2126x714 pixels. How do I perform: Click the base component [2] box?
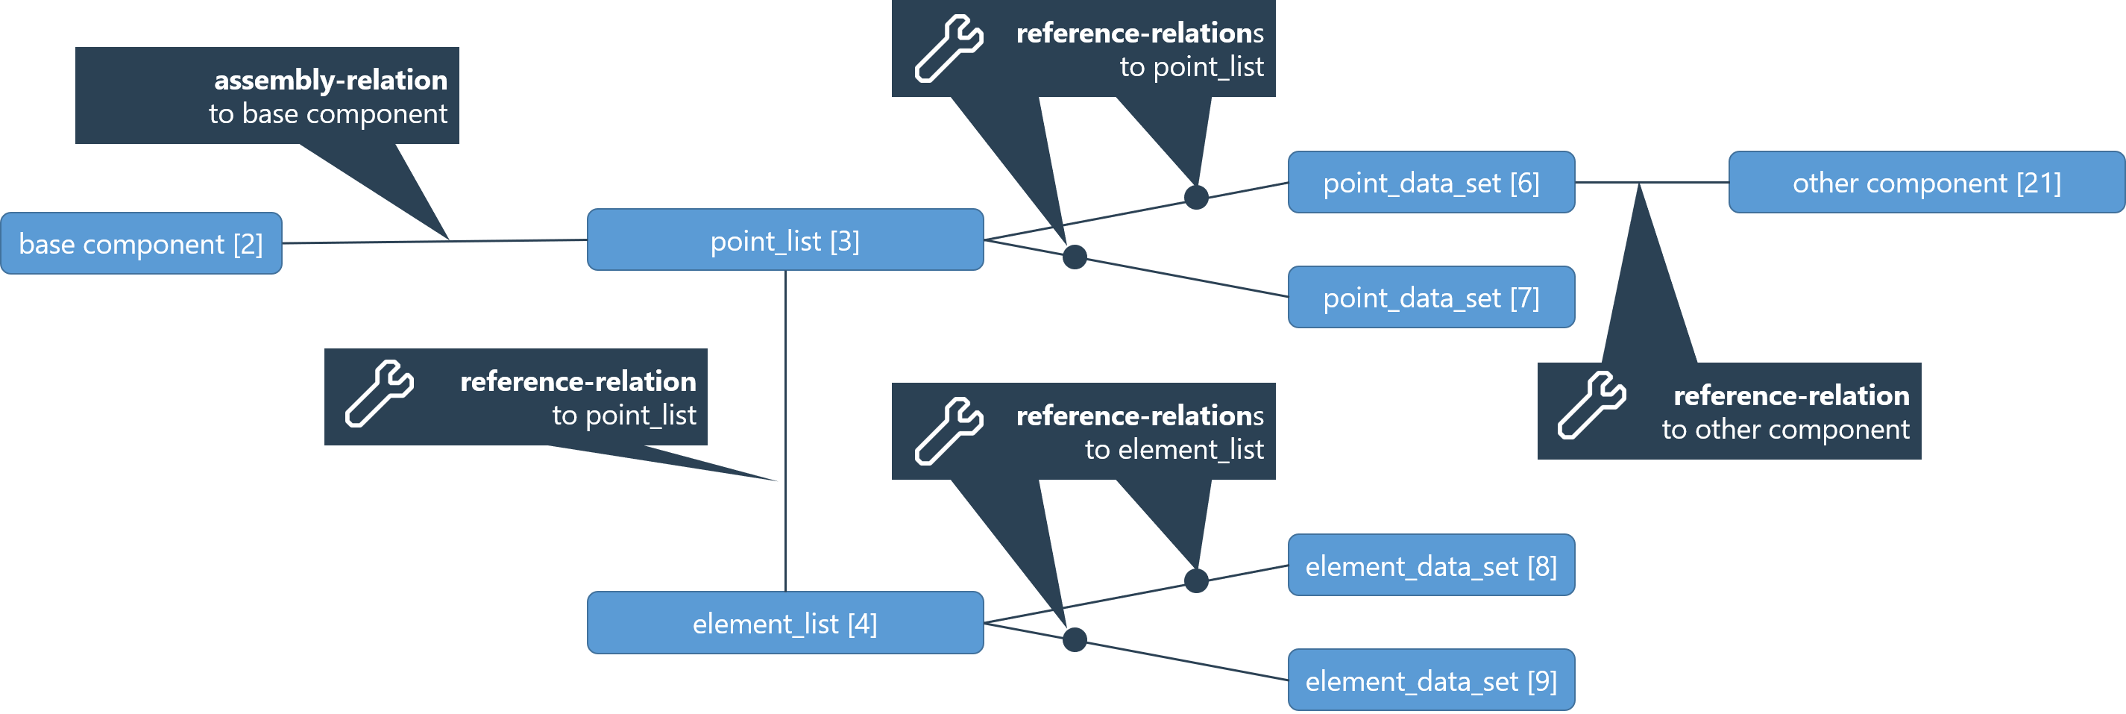(141, 243)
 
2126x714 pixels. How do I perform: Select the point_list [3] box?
(785, 240)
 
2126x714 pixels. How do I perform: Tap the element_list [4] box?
(785, 623)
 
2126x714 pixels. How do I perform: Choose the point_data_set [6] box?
(1431, 183)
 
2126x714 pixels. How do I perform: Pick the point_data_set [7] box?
(1431, 297)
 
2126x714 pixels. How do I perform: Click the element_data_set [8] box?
(1431, 566)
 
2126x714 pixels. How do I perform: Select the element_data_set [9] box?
(1431, 680)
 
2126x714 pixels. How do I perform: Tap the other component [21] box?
(1926, 183)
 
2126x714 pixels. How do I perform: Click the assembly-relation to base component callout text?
(328, 96)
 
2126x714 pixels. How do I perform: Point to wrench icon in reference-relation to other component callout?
(1591, 405)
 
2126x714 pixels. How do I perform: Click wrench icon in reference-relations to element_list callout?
(949, 431)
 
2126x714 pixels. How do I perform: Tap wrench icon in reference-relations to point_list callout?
(949, 48)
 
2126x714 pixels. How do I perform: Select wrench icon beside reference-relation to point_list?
(379, 394)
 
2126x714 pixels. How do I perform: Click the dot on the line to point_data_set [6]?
(1196, 197)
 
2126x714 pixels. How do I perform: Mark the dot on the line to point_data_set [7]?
(1075, 257)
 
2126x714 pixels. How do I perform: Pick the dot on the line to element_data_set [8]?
(1196, 580)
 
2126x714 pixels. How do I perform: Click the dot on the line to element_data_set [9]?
(1075, 639)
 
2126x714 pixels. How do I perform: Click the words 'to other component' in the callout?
(1785, 429)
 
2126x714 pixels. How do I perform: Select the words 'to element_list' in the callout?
(1174, 449)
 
